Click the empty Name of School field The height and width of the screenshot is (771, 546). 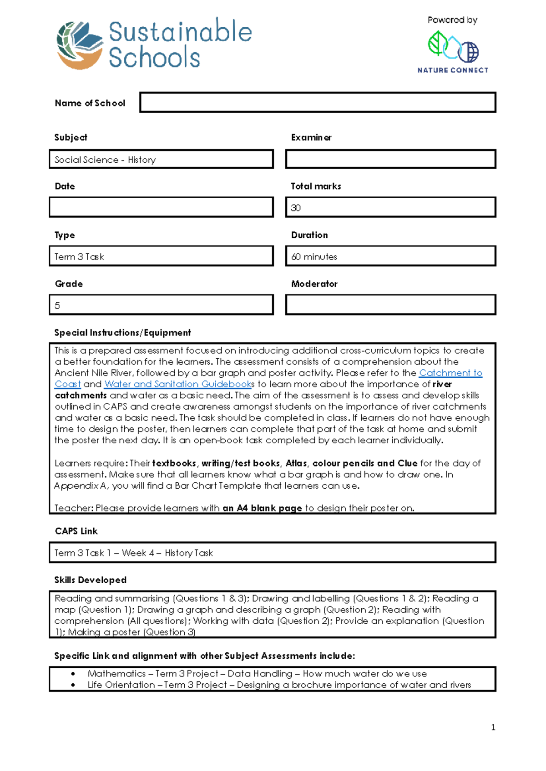[x=317, y=102]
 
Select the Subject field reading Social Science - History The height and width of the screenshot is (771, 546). [x=161, y=160]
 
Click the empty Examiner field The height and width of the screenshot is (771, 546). [x=390, y=160]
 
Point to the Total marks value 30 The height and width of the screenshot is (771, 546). [x=296, y=208]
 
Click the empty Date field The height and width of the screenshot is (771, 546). [x=161, y=207]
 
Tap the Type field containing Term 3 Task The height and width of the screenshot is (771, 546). [x=161, y=256]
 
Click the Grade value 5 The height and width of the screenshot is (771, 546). [x=57, y=305]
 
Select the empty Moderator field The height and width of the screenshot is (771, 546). [x=390, y=305]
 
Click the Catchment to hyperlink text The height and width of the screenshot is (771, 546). [x=450, y=373]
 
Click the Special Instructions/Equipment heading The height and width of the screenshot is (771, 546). [x=122, y=333]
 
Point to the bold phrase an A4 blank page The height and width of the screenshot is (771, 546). [x=262, y=508]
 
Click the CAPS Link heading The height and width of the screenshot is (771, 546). [x=76, y=531]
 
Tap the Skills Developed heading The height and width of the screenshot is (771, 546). [x=90, y=580]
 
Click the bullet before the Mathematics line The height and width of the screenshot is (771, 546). [x=73, y=674]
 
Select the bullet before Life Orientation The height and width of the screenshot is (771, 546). [x=73, y=685]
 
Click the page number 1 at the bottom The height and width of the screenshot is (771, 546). [x=493, y=727]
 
